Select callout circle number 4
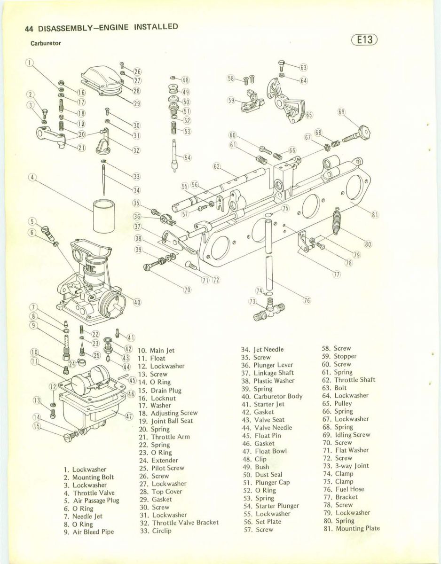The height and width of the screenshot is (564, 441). [33, 178]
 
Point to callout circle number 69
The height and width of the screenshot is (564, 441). [341, 112]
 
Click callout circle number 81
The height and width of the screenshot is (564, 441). [375, 215]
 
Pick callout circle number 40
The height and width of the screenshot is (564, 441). [137, 301]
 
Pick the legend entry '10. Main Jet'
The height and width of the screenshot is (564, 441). [157, 350]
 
